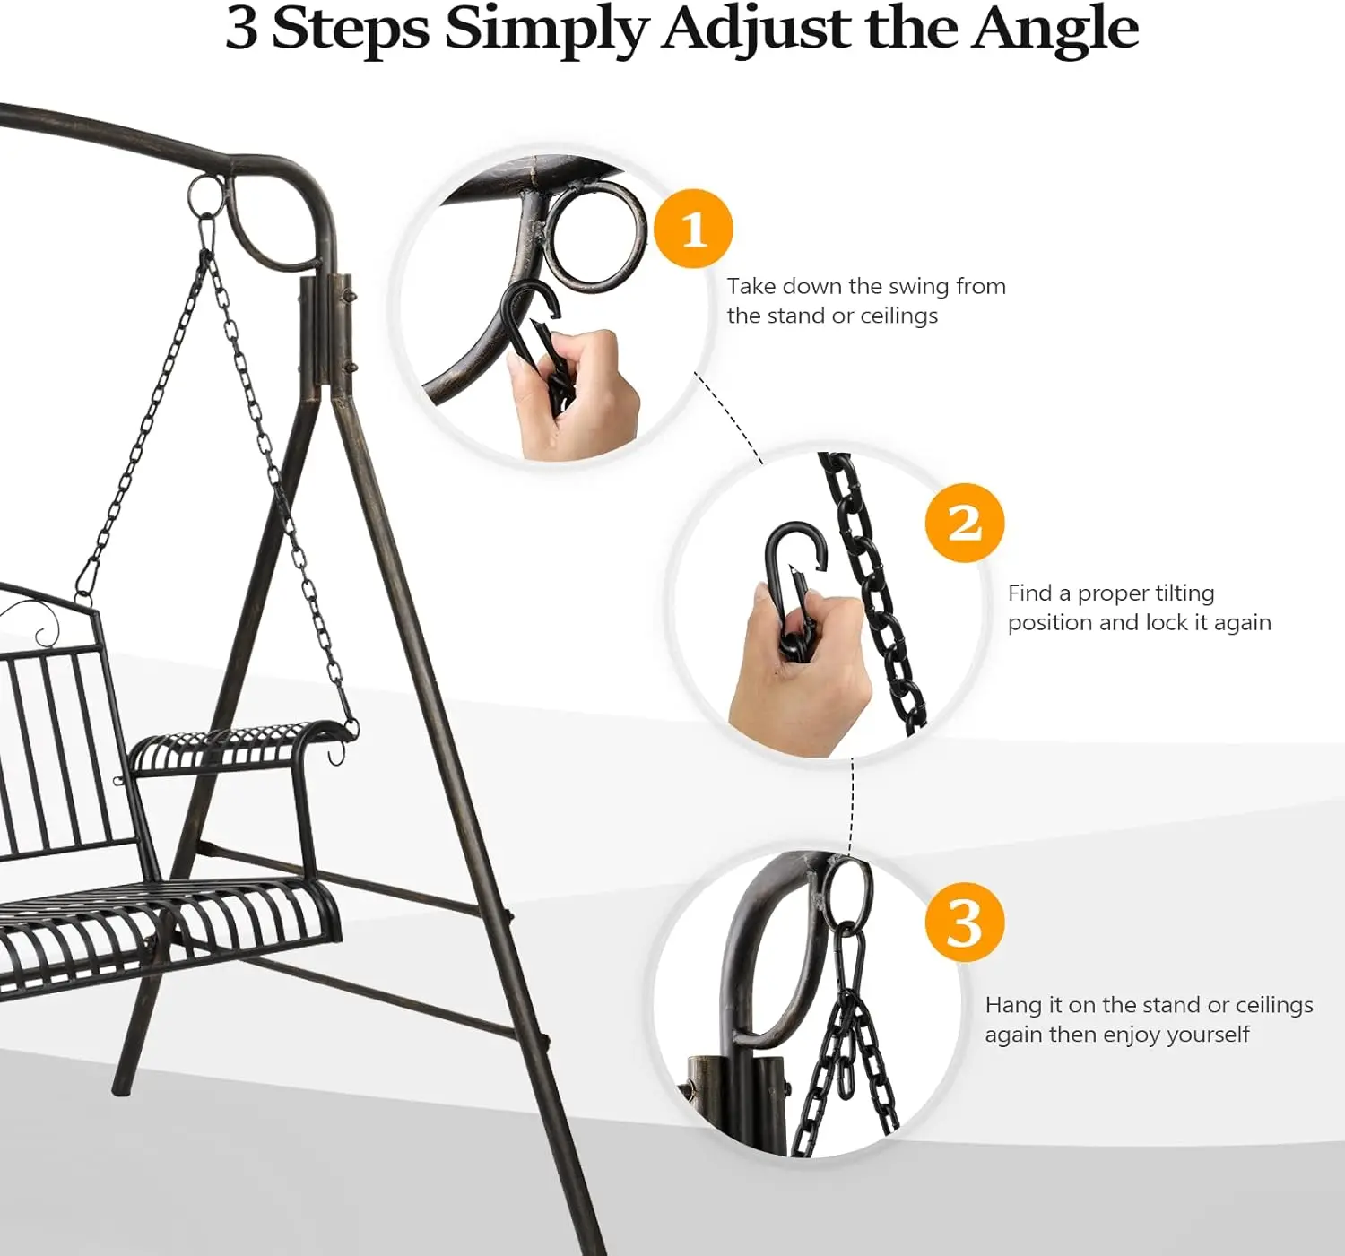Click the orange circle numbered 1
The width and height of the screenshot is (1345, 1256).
tap(693, 229)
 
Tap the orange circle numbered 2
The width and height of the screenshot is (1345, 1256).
tap(964, 523)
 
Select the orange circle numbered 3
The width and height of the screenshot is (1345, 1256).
tap(964, 922)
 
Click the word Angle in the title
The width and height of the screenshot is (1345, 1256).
tap(1054, 29)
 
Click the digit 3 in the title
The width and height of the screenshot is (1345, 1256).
tap(241, 29)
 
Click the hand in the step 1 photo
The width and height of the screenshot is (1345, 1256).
tap(574, 394)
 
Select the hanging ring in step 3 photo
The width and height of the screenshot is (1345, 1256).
tap(847, 894)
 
